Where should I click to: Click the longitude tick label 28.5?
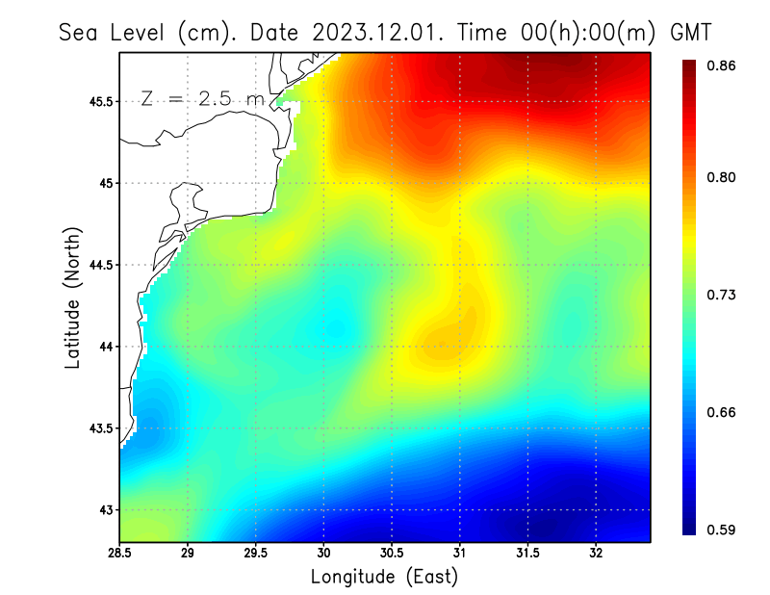tap(120, 553)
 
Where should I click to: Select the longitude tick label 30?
tap(323, 553)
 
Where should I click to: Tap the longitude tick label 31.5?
tap(527, 553)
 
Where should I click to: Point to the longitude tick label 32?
tap(596, 553)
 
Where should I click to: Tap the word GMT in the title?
tap(690, 32)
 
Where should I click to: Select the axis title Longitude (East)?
tap(384, 577)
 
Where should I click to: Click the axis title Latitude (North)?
tap(73, 297)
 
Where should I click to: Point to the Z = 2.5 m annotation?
tap(202, 99)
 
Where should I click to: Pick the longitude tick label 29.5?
tap(255, 553)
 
